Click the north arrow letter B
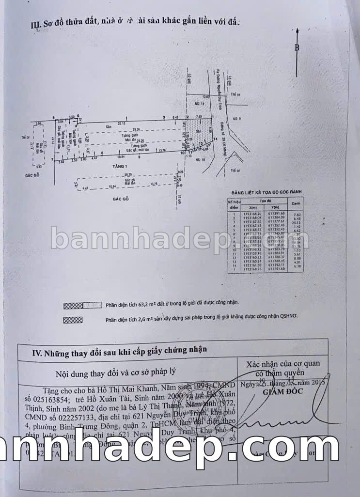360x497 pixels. point(297,47)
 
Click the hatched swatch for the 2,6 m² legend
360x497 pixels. point(73,320)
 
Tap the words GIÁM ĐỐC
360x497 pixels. point(280,392)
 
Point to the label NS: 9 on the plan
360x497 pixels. point(236,119)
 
